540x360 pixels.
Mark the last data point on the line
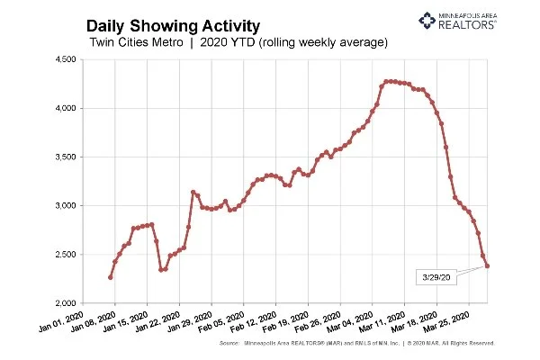pyautogui.click(x=488, y=265)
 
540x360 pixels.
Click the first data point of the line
pyautogui.click(x=110, y=277)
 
